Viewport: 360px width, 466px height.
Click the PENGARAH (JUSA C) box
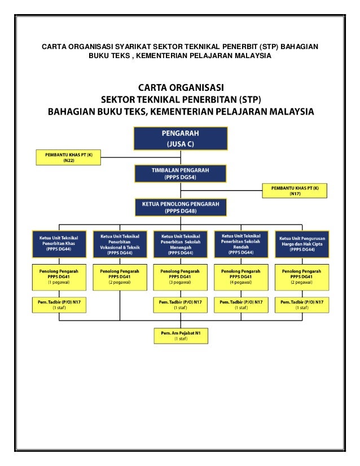181,139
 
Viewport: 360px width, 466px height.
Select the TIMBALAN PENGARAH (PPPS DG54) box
181,174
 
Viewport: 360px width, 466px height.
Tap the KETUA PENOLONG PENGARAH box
181,207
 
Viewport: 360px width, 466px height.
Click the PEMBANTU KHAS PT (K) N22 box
68,157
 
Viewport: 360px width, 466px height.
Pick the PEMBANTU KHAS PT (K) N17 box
295,191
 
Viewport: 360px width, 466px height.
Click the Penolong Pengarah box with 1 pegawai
59,276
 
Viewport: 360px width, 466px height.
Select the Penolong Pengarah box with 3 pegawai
181,276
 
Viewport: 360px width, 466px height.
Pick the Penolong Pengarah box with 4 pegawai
242,276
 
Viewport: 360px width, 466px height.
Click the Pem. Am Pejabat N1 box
181,336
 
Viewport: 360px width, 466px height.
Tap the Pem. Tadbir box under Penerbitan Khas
59,305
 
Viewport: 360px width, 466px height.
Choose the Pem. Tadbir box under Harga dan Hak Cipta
302,305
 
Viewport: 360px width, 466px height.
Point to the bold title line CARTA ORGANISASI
181,89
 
